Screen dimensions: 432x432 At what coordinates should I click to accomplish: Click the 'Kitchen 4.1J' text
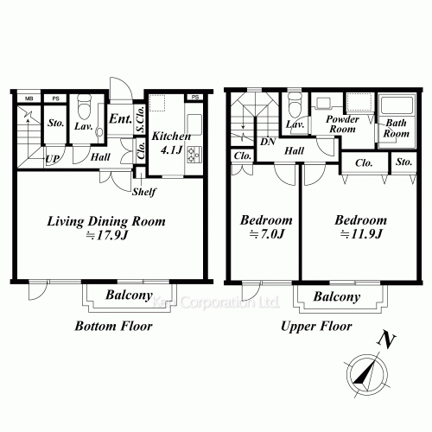click(171, 143)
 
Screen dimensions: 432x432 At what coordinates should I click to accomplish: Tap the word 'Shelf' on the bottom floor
click(143, 191)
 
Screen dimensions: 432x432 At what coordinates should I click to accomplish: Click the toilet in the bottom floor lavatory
click(84, 108)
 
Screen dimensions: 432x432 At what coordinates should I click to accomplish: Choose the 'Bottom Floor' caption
click(113, 327)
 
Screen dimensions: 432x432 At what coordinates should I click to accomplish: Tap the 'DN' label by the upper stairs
click(268, 141)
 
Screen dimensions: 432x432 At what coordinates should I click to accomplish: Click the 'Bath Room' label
click(397, 129)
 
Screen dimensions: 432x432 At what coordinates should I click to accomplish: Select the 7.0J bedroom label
click(265, 226)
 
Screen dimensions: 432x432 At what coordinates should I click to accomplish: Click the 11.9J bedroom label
click(360, 226)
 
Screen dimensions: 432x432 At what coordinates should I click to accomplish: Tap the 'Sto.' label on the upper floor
click(403, 162)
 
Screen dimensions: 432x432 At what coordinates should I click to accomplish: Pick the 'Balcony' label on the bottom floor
click(130, 296)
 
